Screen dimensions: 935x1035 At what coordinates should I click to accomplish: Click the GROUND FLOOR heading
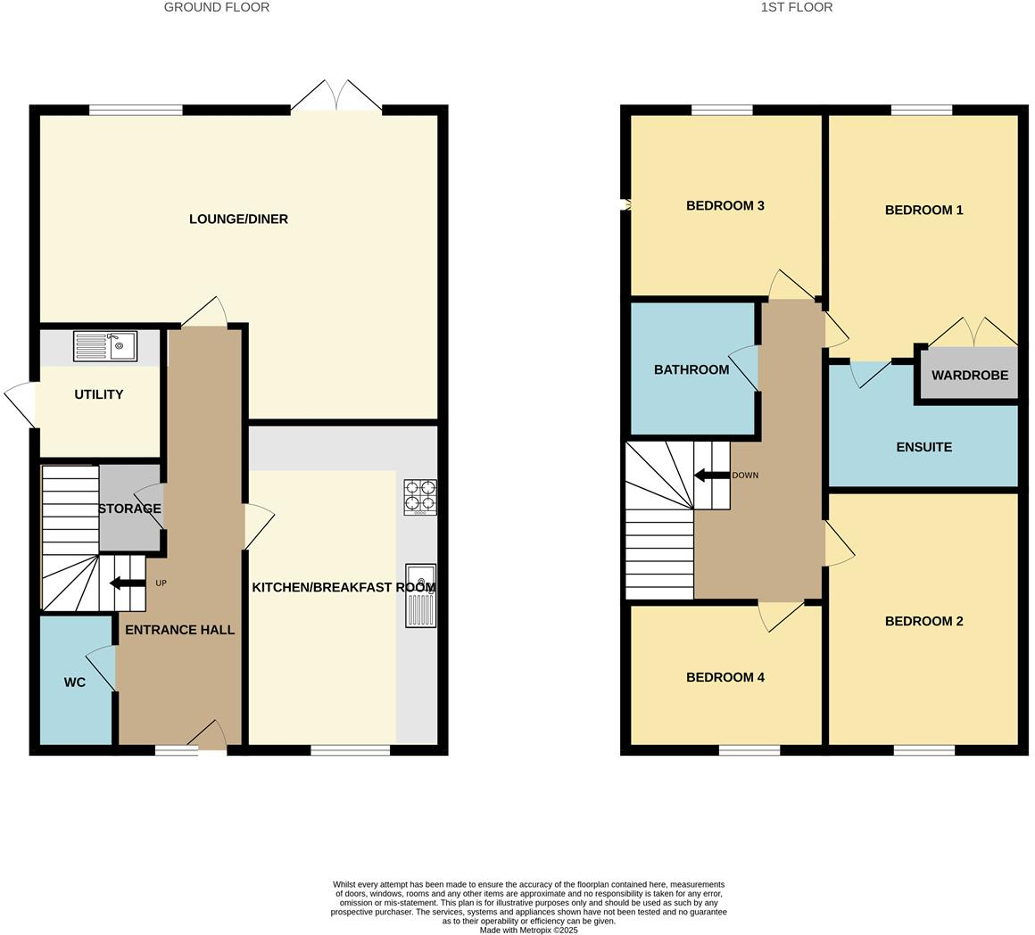(217, 7)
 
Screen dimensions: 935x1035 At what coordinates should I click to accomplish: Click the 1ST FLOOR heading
(796, 7)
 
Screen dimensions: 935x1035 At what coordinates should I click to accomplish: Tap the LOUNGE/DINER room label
(238, 219)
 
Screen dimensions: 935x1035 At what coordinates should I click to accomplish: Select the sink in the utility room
(105, 346)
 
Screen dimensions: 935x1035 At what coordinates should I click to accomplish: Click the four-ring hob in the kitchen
(420, 497)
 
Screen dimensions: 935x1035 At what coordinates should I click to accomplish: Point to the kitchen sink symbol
(420, 595)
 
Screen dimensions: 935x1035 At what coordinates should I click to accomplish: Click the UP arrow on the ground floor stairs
(128, 583)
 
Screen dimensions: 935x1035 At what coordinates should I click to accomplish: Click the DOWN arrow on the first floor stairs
(712, 475)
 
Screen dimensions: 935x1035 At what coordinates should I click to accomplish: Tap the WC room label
(75, 683)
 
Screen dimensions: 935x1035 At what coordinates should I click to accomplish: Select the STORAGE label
(130, 509)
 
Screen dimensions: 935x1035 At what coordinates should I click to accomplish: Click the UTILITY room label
(98, 394)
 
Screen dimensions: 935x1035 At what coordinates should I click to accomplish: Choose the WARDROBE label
(969, 376)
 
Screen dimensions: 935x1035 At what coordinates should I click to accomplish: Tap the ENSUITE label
(923, 447)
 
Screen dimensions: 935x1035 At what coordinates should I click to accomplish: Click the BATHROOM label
(691, 369)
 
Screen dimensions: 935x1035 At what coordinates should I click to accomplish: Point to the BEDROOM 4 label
(724, 677)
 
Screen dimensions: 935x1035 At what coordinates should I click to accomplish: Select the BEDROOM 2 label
(923, 621)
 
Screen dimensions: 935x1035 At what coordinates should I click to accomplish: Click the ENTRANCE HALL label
(179, 630)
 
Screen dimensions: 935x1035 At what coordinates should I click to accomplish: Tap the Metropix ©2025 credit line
(528, 930)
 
